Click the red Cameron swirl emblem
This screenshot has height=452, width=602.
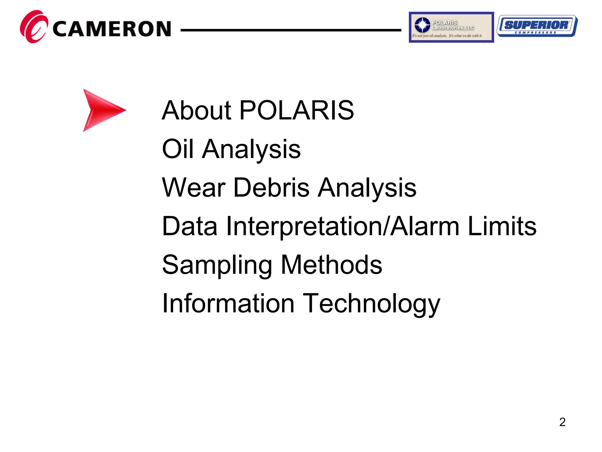tap(34, 26)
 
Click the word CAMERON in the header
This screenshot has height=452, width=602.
tap(112, 29)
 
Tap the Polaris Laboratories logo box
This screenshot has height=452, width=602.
tap(451, 27)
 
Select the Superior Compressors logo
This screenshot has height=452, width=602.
tap(537, 26)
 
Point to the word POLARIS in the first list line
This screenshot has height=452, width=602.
tap(297, 110)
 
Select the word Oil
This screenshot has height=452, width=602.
tap(178, 149)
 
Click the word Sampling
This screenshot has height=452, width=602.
tap(217, 265)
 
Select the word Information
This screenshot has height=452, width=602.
tap(228, 303)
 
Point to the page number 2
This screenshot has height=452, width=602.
tap(562, 422)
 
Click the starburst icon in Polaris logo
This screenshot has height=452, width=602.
tap(422, 25)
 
